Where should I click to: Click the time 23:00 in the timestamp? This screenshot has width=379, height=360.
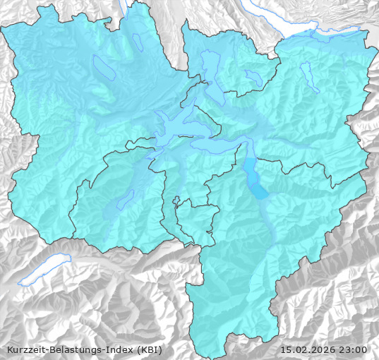353,349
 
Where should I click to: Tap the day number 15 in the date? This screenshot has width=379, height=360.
286,349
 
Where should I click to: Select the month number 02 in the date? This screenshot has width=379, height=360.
300,349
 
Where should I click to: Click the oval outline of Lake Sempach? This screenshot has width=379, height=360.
104,66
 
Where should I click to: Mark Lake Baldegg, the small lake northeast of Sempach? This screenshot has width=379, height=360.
138,42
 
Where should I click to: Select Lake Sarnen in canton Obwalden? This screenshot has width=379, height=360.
126,200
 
